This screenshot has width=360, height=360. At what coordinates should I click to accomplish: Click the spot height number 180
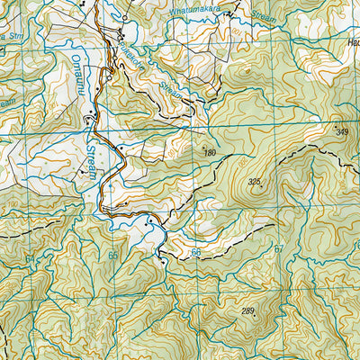pyautogui.click(x=210, y=153)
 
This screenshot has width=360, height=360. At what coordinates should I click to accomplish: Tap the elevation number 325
pyautogui.click(x=255, y=183)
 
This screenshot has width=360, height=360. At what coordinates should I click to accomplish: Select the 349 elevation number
pyautogui.click(x=342, y=133)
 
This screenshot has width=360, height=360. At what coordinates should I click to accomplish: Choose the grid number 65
pyautogui.click(x=112, y=256)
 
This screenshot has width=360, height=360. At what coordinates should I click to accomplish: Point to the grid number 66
pyautogui.click(x=196, y=253)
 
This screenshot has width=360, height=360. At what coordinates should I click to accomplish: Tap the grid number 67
pyautogui.click(x=279, y=249)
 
